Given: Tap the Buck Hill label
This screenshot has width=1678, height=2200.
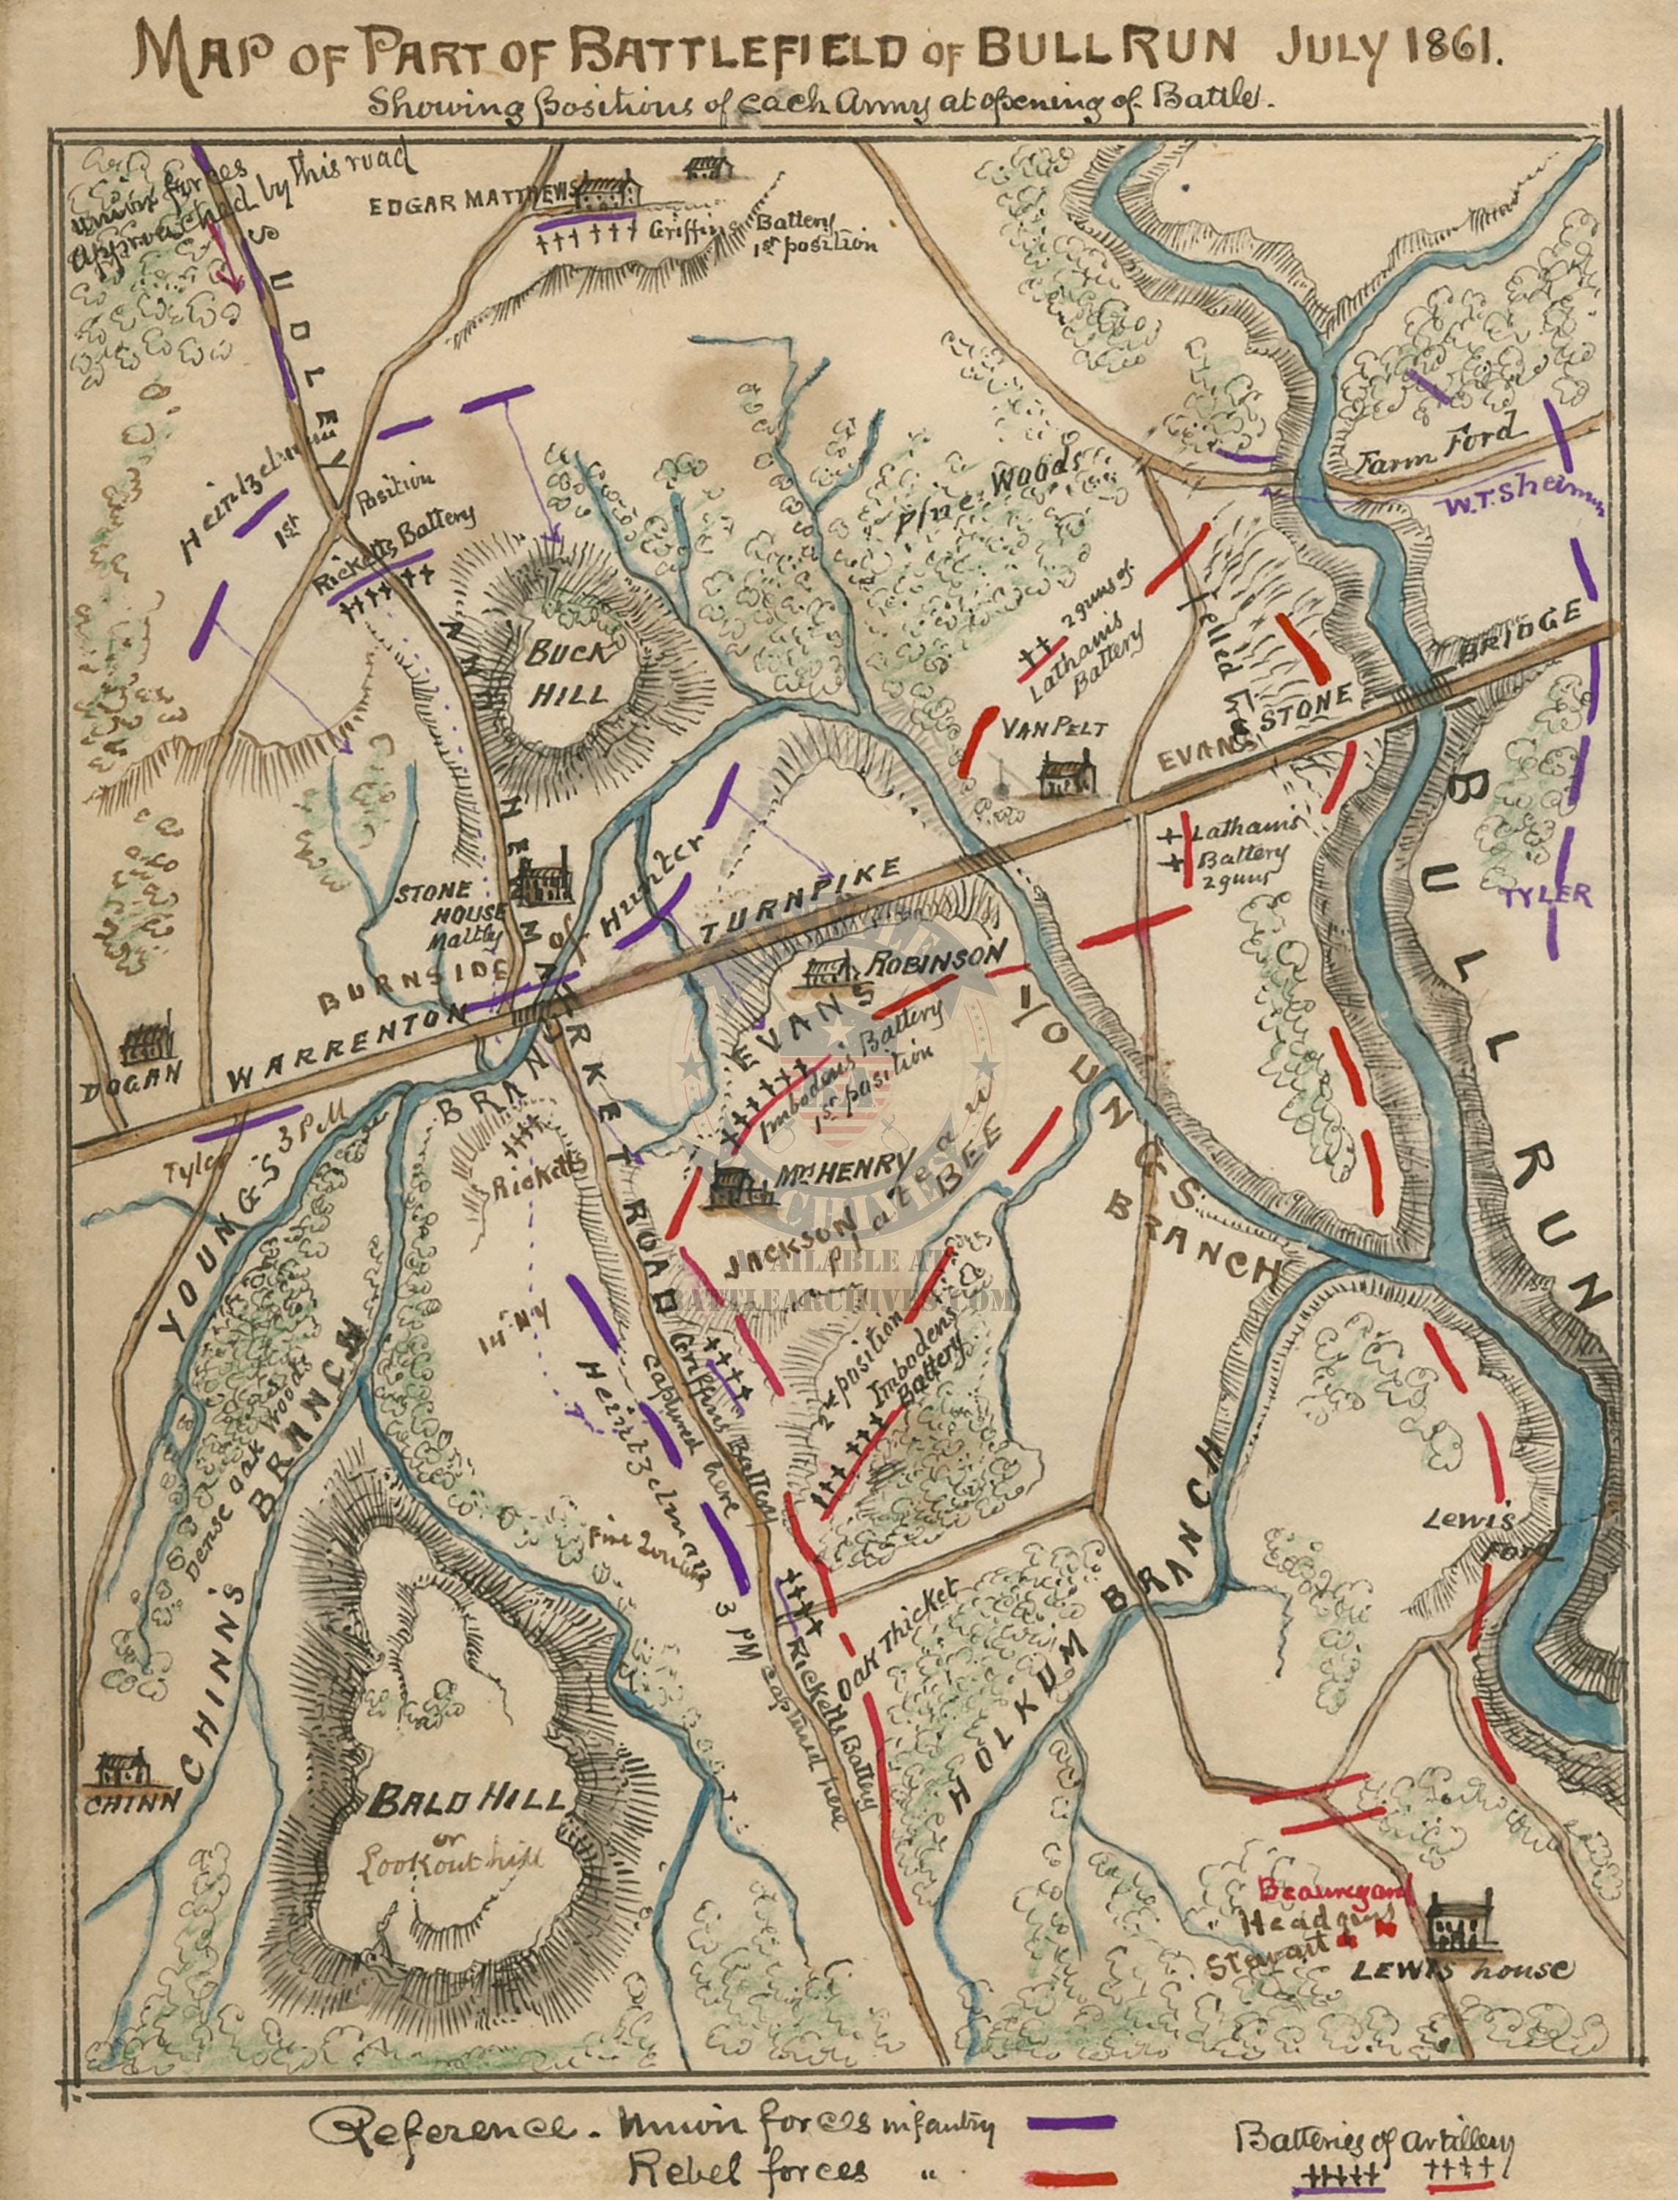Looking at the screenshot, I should tap(567, 672).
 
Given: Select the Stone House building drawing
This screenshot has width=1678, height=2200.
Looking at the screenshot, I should tap(540, 877).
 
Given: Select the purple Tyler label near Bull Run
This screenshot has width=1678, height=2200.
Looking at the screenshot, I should tap(1546, 895).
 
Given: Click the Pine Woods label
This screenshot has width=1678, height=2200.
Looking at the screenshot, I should tap(989, 491).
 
